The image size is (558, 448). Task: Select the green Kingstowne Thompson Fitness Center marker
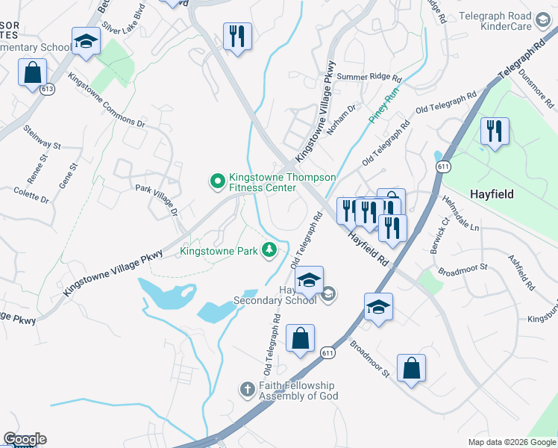[x=217, y=181]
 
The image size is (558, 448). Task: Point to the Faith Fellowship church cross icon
[x=248, y=389]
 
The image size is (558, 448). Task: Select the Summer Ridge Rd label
[x=369, y=78]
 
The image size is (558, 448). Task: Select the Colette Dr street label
[x=31, y=196]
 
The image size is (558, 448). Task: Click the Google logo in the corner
[x=25, y=439]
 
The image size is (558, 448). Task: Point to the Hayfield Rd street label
[x=368, y=249]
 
